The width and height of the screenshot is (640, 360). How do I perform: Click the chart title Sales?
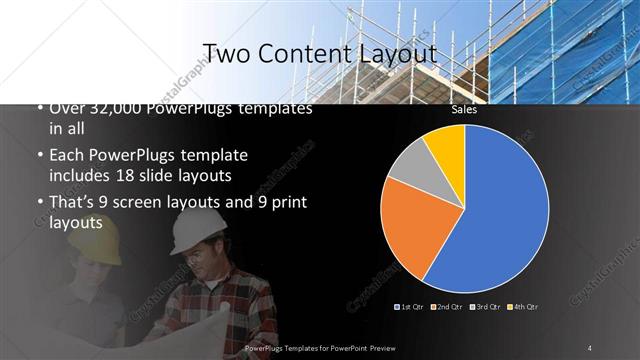(x=463, y=110)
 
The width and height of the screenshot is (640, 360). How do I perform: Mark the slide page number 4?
(x=590, y=347)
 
